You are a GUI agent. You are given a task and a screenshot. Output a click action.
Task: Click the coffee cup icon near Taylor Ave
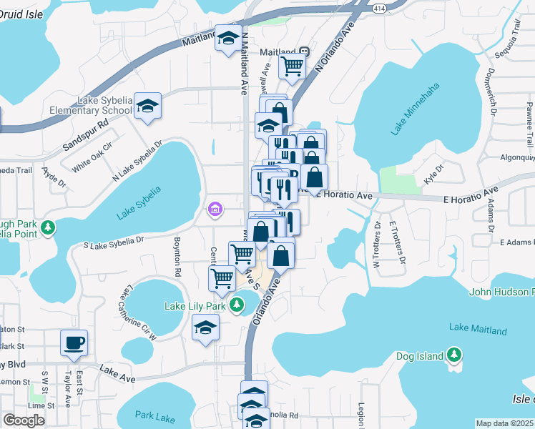(74, 342)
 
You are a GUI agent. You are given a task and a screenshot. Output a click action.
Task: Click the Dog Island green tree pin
(453, 354)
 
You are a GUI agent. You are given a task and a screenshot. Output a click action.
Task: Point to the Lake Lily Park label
(195, 306)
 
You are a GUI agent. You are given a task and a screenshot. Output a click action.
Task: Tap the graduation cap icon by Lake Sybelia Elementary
(148, 107)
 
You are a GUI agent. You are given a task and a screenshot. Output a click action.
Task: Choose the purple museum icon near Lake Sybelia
(214, 209)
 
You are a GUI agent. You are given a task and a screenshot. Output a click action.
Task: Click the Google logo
(24, 420)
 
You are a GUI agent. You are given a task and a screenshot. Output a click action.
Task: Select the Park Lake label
(156, 415)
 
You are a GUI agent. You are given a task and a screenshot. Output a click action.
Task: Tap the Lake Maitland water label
(478, 329)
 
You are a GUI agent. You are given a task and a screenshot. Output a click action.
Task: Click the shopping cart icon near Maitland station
(292, 66)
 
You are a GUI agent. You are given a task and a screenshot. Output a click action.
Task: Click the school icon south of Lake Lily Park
(205, 327)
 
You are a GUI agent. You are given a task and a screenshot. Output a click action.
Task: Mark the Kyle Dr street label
(433, 174)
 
